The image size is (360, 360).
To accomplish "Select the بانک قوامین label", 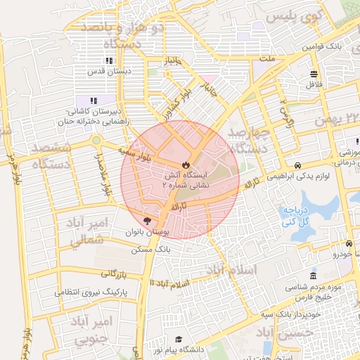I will [x=321, y=46].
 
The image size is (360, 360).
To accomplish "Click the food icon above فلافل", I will [x=314, y=74].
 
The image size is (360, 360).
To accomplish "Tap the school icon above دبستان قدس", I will [x=110, y=61].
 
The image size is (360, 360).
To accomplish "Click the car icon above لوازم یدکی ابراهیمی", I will [x=299, y=165].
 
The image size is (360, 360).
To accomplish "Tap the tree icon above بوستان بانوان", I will [x=147, y=221].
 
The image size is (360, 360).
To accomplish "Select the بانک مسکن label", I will [x=150, y=250].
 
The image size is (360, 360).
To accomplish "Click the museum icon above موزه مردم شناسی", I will [x=313, y=275].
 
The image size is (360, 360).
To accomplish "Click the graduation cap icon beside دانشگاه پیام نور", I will [x=179, y=340].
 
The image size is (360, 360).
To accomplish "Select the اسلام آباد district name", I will [x=231, y=270].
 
